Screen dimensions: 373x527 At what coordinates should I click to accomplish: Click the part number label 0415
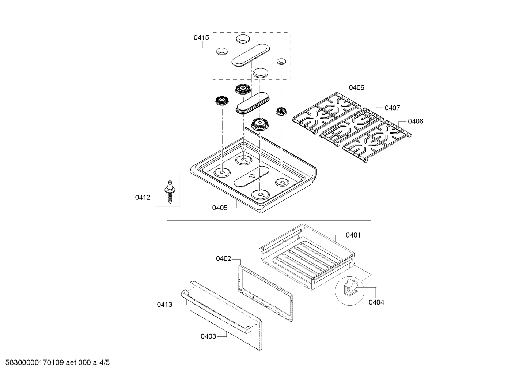point(201,37)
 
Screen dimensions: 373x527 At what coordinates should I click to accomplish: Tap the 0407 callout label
point(392,108)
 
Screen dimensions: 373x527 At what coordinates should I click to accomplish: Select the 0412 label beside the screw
point(143,198)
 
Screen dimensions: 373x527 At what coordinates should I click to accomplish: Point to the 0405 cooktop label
point(220,208)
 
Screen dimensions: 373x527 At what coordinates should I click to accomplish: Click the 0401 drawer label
point(353,235)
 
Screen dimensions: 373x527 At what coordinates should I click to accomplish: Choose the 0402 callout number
point(223,259)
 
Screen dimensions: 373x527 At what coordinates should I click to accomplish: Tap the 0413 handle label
point(164,304)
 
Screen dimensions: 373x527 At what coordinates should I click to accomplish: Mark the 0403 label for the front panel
point(208,336)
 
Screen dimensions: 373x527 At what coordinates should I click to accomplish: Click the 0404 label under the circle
point(376,302)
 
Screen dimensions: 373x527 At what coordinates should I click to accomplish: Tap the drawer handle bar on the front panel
point(216,311)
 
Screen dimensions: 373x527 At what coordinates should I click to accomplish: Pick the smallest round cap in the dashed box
point(281,61)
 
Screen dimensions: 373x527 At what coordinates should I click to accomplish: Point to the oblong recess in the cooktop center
point(252,176)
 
